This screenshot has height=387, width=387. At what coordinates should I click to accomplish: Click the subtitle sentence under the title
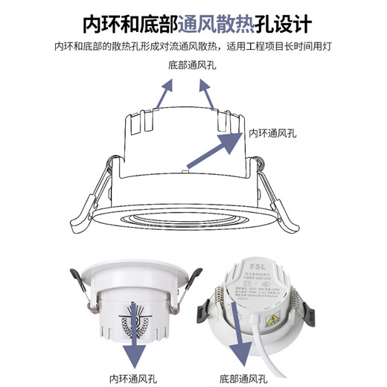pos(193,47)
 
